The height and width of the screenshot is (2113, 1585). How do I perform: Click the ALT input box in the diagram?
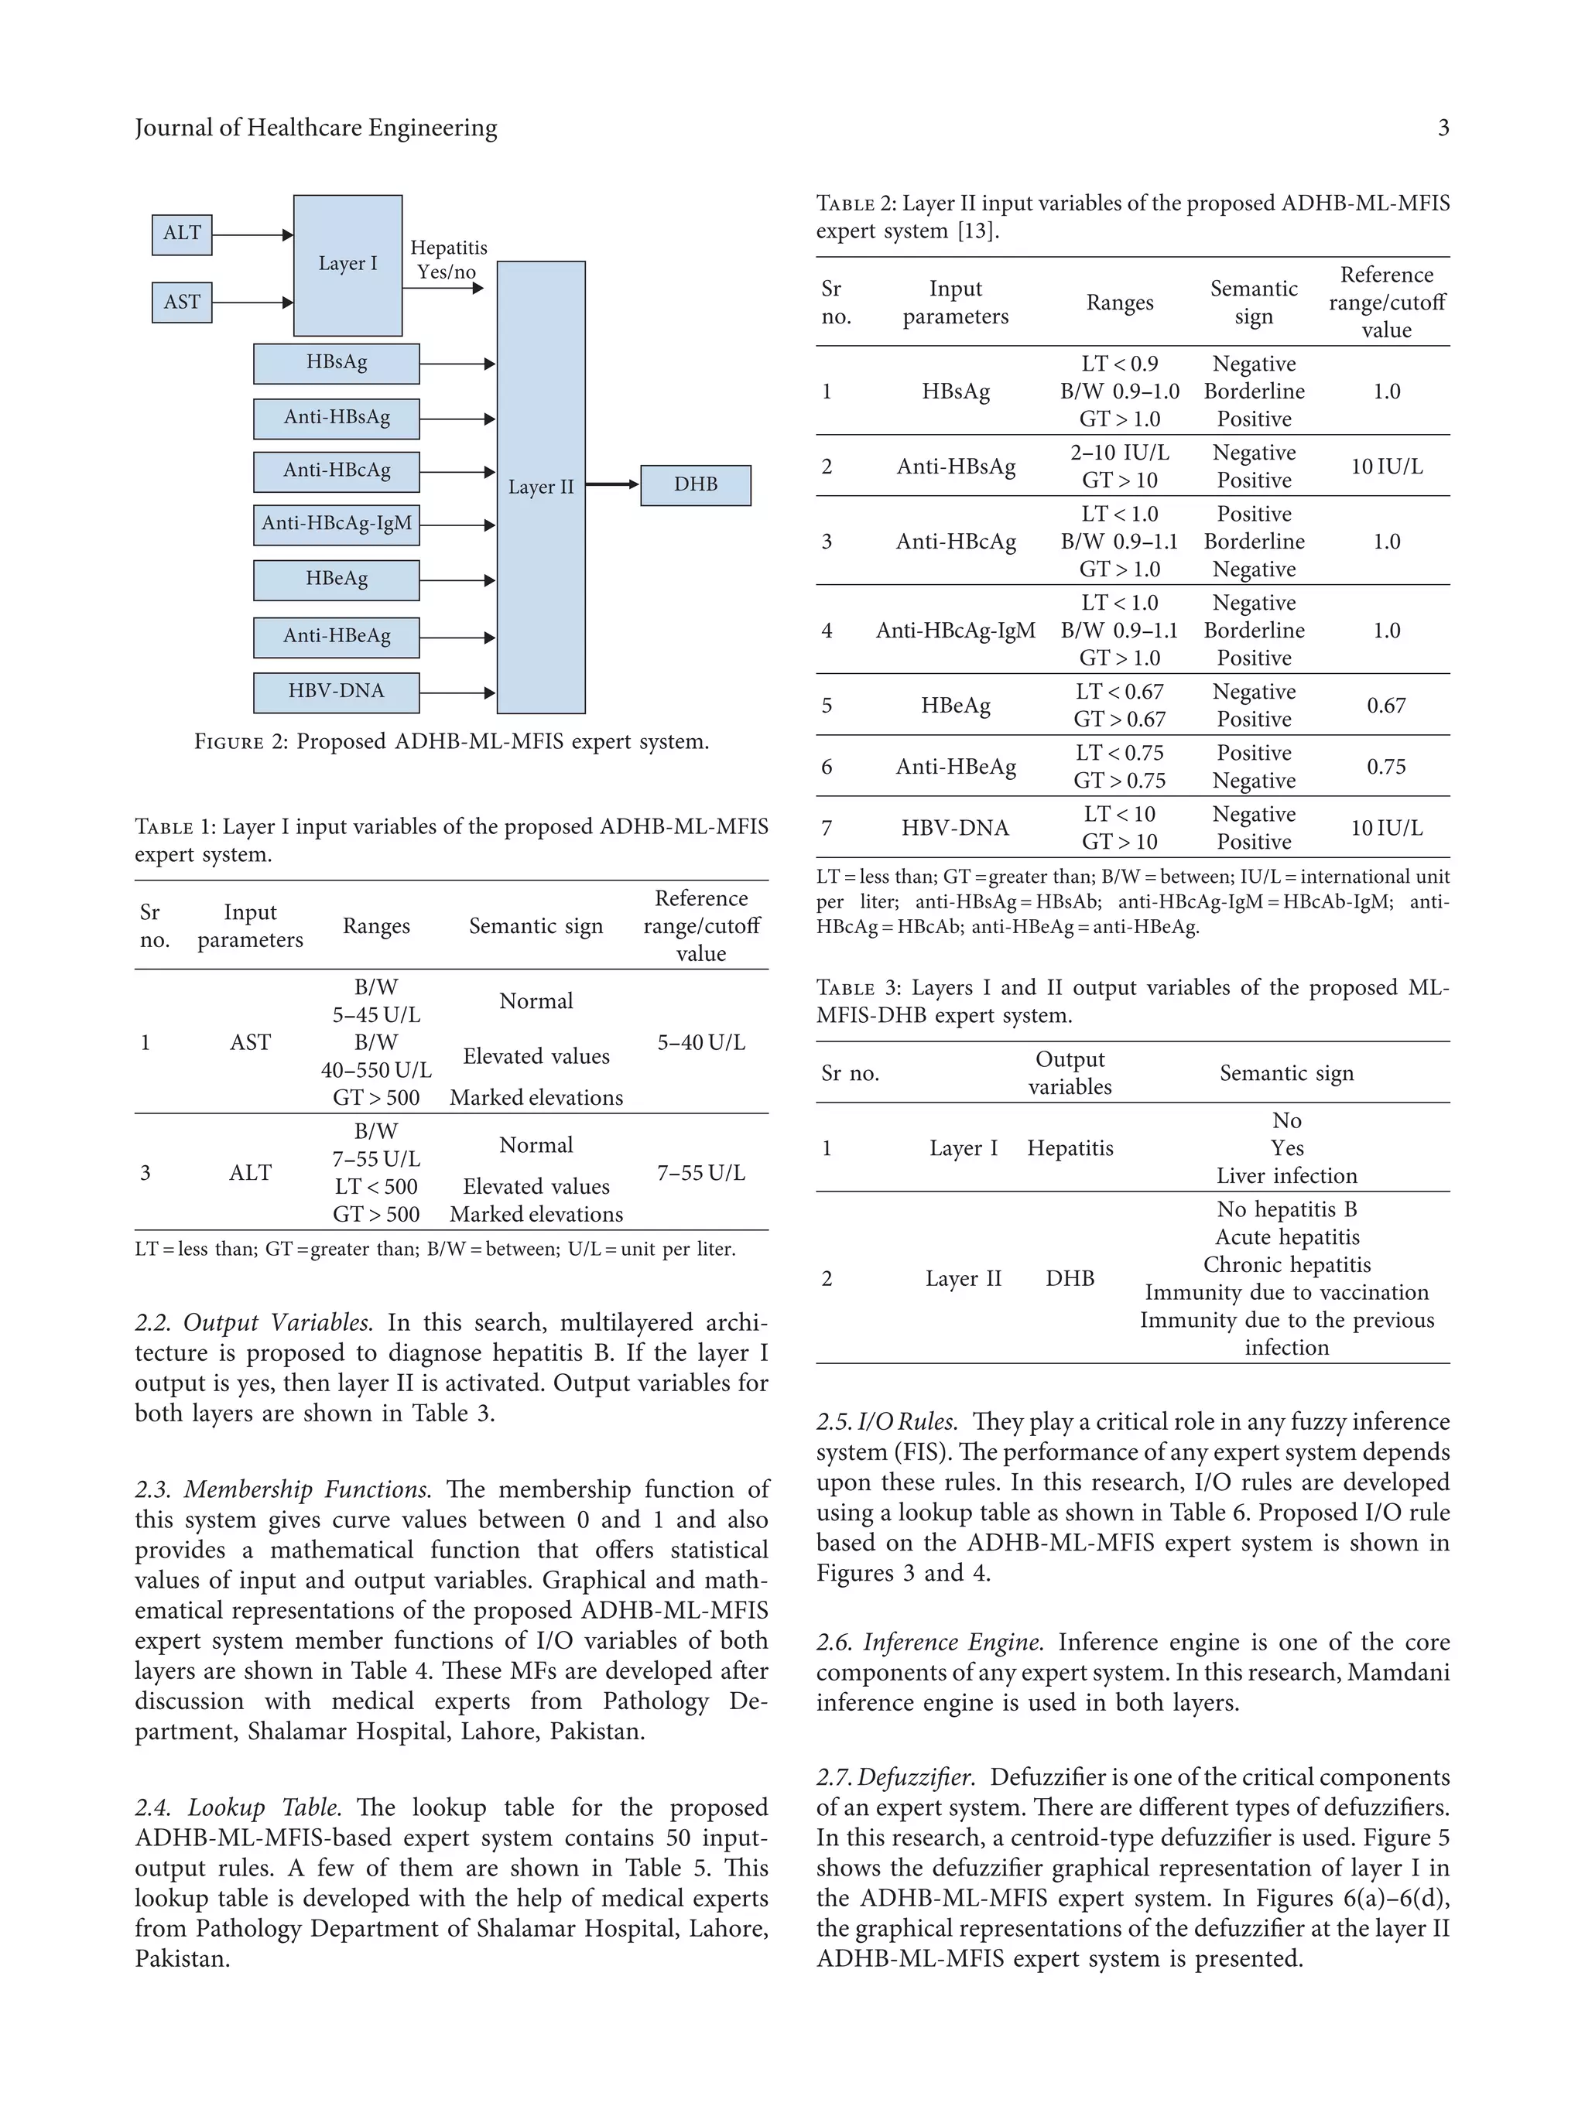(182, 234)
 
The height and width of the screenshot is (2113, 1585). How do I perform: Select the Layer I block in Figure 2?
(347, 265)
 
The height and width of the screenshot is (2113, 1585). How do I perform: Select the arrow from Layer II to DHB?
(611, 484)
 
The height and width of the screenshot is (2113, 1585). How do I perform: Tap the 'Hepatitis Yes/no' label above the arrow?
(448, 260)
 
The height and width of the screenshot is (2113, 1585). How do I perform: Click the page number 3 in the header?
(1443, 128)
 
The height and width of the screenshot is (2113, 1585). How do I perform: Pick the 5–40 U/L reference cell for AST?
(700, 1042)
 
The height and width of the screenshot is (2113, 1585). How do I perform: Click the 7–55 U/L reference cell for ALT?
(700, 1172)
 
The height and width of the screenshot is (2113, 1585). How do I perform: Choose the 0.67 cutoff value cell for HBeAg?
(1385, 706)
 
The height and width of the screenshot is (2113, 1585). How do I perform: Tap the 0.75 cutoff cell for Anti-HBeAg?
(1385, 767)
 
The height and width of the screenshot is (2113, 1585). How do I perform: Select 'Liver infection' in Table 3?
(1286, 1176)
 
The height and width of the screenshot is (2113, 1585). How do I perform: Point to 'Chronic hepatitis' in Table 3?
(1286, 1265)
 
